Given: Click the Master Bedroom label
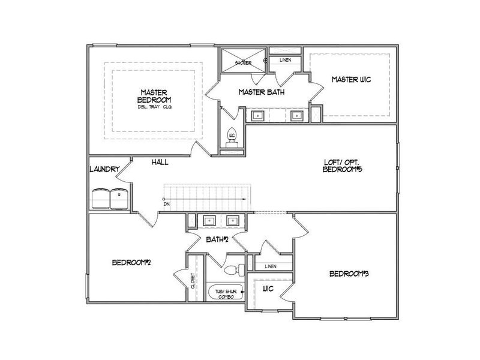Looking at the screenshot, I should tap(153, 95).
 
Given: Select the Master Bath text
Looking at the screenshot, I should tap(261, 92).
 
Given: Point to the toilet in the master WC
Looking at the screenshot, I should tap(233, 136).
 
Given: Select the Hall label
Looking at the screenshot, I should tap(160, 162).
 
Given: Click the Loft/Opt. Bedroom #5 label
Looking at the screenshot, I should tap(342, 166).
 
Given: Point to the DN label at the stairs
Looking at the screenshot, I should tap(167, 205).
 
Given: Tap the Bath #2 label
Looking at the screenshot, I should tap(218, 240).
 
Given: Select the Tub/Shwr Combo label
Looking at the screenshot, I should tap(224, 293).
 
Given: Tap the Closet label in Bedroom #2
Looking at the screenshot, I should tap(193, 280).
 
